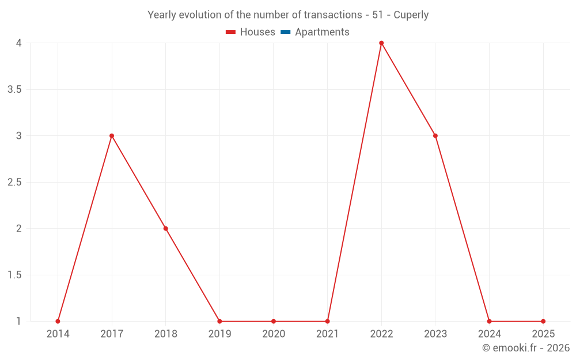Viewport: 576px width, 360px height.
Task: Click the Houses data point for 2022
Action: click(x=381, y=43)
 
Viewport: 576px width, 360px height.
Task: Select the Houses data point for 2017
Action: click(x=112, y=136)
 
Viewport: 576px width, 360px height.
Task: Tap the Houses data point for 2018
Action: click(x=166, y=229)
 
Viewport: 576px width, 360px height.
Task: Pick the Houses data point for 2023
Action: click(x=435, y=136)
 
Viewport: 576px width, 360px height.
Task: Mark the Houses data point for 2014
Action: click(x=58, y=321)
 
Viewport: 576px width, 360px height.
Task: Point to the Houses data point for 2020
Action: click(x=274, y=321)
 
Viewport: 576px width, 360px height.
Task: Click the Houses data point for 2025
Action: click(x=543, y=321)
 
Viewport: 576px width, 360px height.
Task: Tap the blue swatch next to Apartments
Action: click(x=285, y=32)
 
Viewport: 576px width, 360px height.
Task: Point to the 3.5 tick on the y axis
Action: click(x=14, y=89)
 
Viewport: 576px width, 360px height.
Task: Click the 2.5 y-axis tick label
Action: click(x=14, y=182)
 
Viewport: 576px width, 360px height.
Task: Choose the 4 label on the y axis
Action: click(x=18, y=43)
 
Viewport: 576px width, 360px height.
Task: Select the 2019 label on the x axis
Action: click(x=219, y=334)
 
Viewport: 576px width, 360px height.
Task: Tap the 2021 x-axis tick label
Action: click(x=327, y=334)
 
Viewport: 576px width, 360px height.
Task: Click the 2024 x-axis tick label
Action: click(x=489, y=334)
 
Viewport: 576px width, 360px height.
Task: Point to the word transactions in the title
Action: click(x=334, y=15)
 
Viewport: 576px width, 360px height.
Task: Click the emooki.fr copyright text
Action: click(x=526, y=348)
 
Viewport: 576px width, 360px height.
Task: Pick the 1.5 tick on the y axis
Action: click(x=14, y=275)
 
